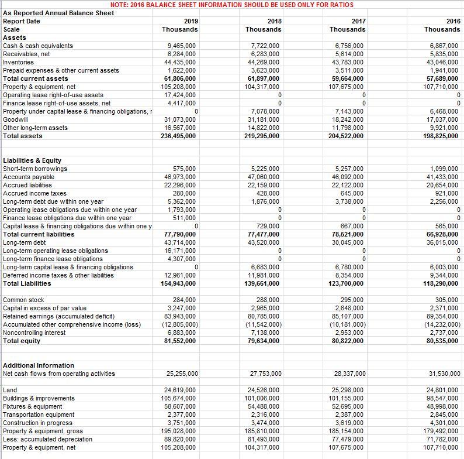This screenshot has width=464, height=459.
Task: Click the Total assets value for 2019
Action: click(x=182, y=136)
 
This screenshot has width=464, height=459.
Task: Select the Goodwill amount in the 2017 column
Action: click(x=348, y=119)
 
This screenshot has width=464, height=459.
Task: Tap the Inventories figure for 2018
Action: click(x=265, y=62)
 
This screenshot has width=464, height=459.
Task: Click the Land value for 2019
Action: click(x=182, y=390)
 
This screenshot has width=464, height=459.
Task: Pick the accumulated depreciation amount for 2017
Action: click(x=348, y=439)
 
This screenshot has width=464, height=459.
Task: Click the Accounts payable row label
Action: click(x=29, y=177)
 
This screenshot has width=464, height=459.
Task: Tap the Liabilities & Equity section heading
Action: click(x=32, y=160)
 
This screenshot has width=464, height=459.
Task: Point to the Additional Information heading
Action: click(x=39, y=365)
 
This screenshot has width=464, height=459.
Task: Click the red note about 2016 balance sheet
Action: click(x=231, y=5)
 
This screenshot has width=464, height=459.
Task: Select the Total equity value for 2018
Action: click(x=265, y=341)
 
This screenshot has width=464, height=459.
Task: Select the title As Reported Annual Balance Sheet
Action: click(x=51, y=13)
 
